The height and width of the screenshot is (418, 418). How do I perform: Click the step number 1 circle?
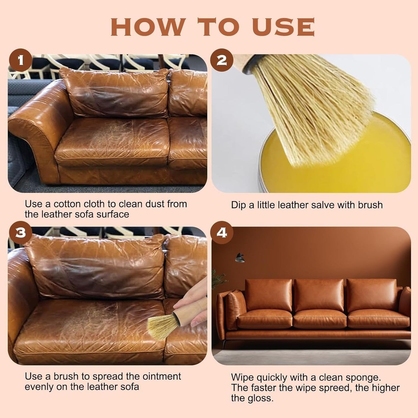[20, 61]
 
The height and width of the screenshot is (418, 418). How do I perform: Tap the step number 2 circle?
[222, 61]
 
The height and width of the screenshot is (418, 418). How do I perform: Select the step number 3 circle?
[20, 233]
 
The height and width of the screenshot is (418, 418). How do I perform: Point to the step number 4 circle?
[222, 233]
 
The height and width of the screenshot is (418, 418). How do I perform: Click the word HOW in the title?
[148, 27]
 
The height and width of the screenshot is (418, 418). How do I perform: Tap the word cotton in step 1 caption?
[67, 204]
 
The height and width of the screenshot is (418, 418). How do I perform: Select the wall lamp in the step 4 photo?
[240, 258]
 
